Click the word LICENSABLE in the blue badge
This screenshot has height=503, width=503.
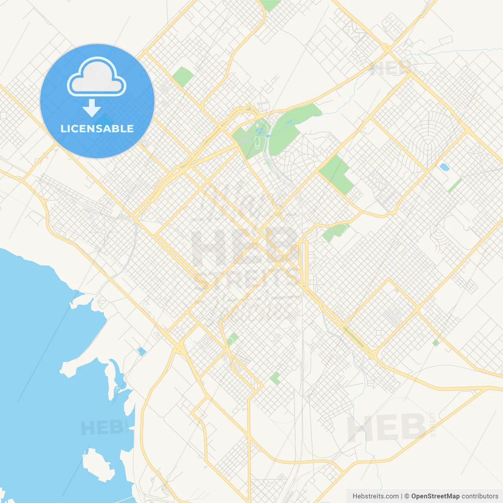point(97,129)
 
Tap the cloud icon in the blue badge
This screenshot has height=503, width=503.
point(97,77)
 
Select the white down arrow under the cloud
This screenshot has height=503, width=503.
point(92,108)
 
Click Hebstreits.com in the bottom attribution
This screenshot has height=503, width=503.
point(375,496)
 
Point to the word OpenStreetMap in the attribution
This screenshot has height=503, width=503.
point(435,496)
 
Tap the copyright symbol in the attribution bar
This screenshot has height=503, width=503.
point(407,496)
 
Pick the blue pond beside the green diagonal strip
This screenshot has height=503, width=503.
point(444,167)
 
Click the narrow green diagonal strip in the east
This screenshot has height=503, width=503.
point(455,185)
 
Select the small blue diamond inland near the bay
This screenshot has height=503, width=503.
point(141,351)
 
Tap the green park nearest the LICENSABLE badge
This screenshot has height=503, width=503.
point(183,77)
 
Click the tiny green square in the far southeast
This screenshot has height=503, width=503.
point(435,343)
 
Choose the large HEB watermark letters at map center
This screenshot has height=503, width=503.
point(244,248)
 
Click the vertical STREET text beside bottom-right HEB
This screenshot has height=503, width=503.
point(433,424)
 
